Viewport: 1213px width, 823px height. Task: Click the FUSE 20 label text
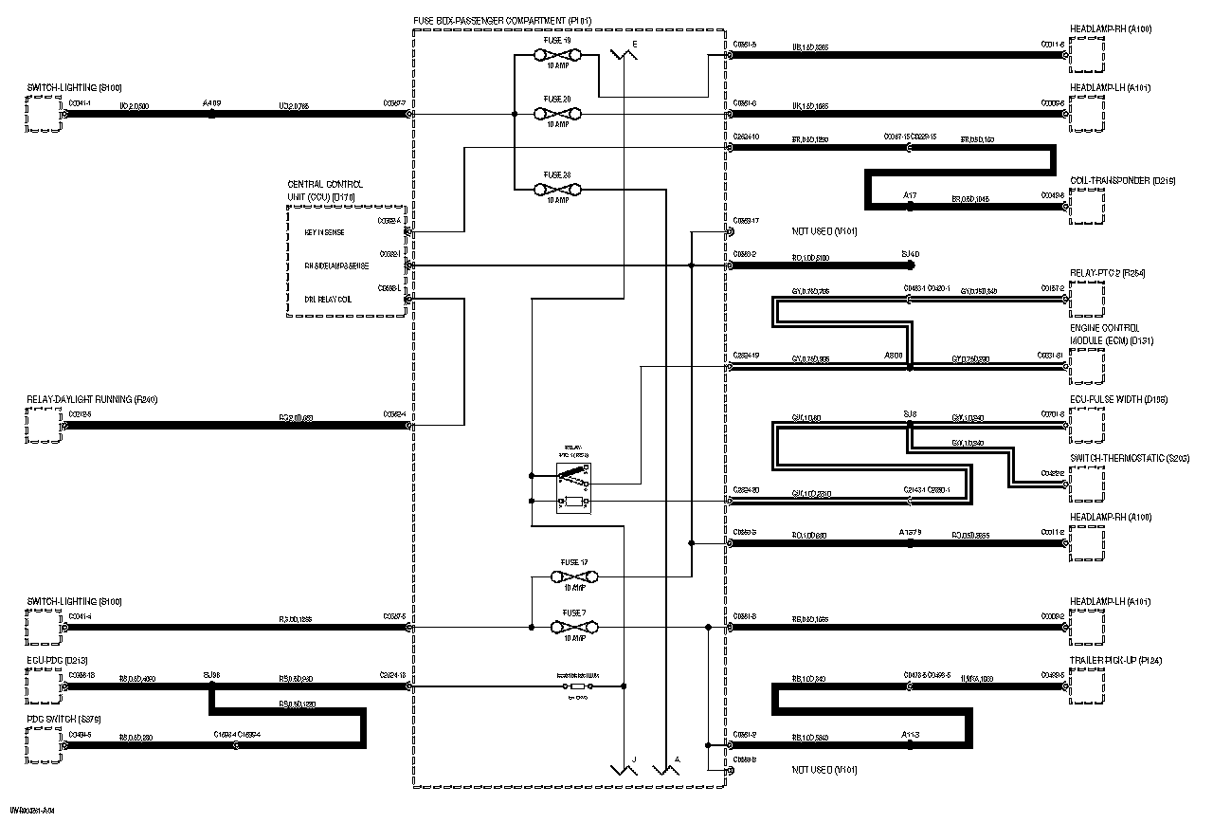pyautogui.click(x=557, y=100)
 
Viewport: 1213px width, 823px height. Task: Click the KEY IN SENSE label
pyautogui.click(x=324, y=232)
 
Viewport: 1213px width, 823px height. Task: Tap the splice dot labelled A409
pyautogui.click(x=211, y=114)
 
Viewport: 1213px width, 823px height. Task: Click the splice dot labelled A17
pyautogui.click(x=910, y=205)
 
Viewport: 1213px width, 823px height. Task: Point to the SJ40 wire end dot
pyautogui.click(x=910, y=266)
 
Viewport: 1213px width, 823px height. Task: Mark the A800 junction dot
pyautogui.click(x=910, y=366)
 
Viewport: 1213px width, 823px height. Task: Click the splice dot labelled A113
pyautogui.click(x=910, y=744)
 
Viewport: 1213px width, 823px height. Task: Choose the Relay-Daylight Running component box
pyautogui.click(x=43, y=426)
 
